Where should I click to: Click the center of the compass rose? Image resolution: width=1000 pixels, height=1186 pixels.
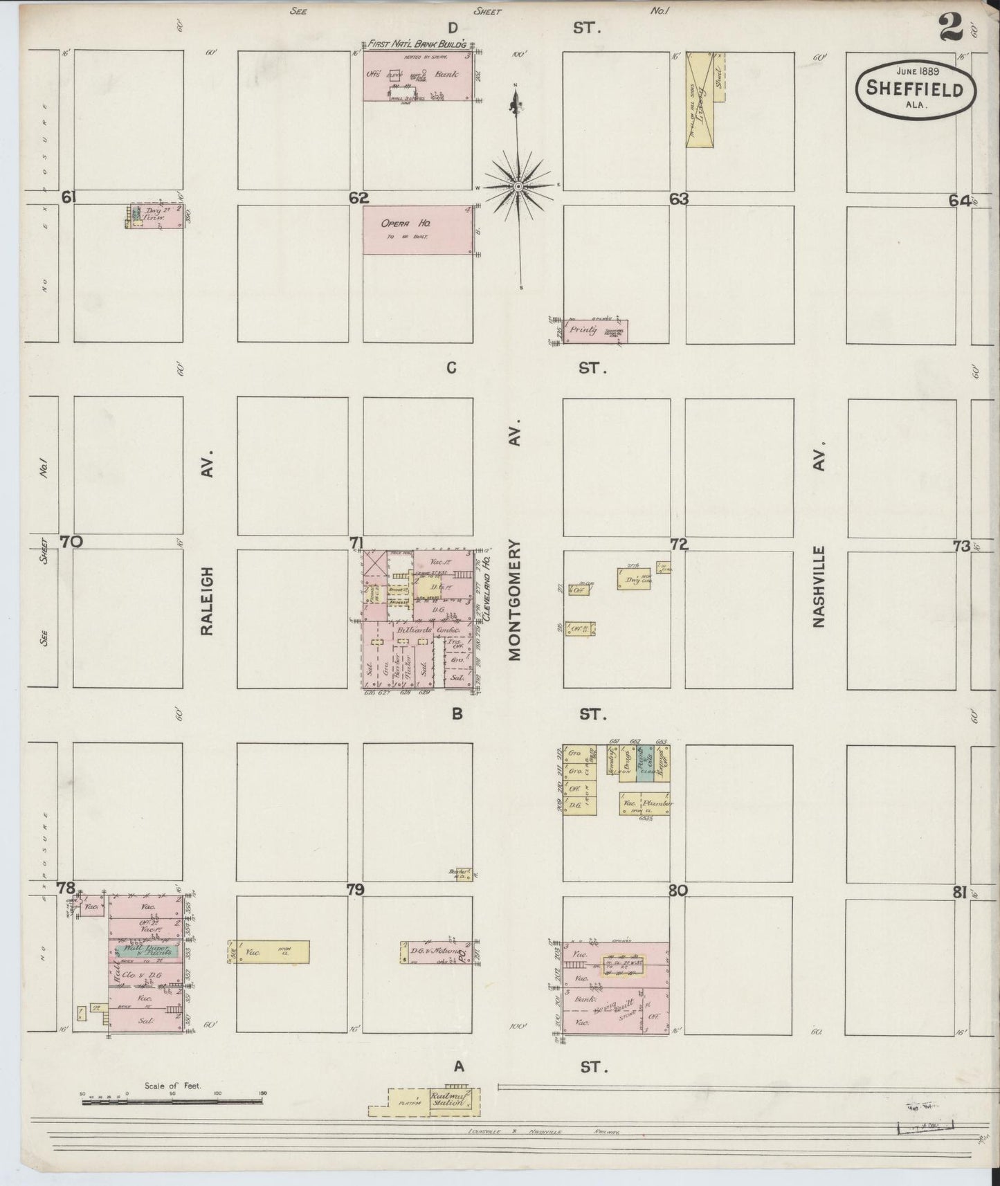click(x=518, y=187)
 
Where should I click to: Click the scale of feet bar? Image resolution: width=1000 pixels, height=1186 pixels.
click(x=173, y=1101)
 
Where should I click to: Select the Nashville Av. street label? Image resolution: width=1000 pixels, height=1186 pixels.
click(x=819, y=587)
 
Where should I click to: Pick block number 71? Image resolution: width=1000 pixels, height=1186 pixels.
click(x=356, y=545)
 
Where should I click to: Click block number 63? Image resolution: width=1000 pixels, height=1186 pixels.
click(x=679, y=199)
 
